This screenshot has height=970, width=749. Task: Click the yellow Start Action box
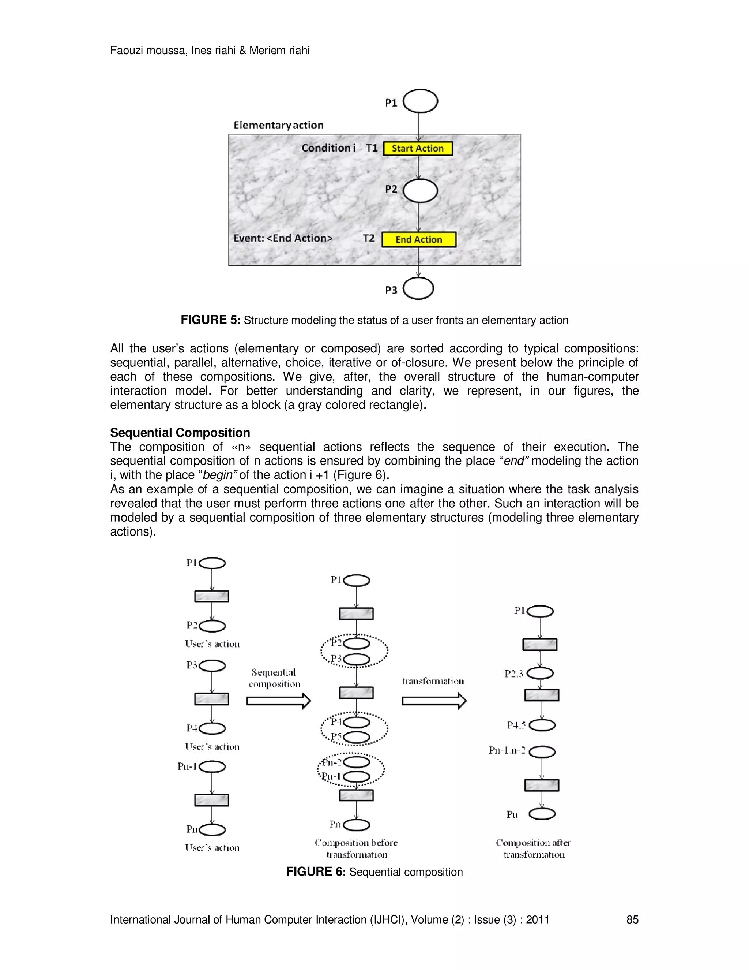[418, 148]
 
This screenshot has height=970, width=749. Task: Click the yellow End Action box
[418, 239]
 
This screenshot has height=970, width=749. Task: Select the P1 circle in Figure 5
[420, 101]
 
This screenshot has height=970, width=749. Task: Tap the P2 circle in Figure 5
[420, 191]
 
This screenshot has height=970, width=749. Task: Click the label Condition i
[328, 148]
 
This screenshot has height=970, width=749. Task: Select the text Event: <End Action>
[283, 238]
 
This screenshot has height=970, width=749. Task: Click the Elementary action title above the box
[278, 125]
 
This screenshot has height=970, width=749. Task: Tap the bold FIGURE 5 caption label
[210, 320]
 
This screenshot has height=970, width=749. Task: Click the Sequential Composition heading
[180, 433]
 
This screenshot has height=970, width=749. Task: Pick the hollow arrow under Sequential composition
[279, 701]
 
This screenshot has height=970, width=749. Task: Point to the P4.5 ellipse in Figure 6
[542, 725]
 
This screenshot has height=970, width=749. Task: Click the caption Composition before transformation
[356, 848]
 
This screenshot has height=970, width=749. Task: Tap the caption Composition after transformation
[533, 848]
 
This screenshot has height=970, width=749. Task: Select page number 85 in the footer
[632, 919]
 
